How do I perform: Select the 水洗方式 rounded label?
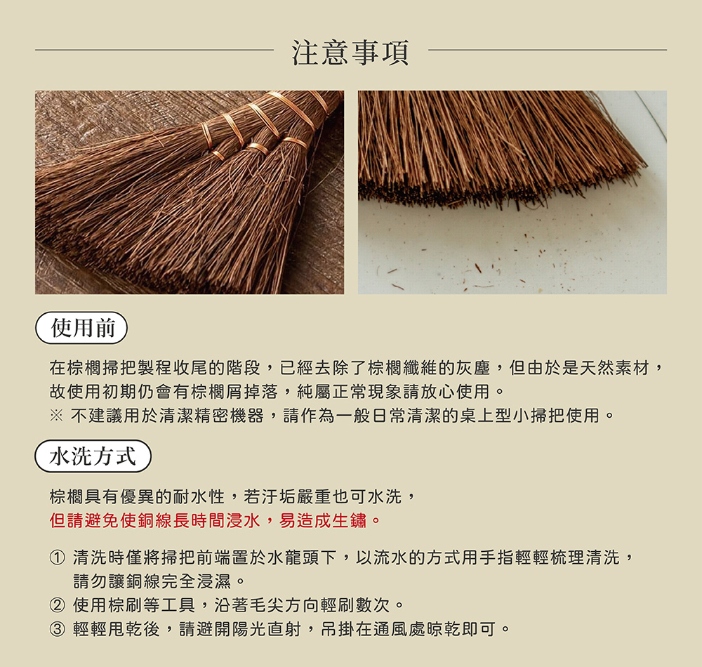pos(93,456)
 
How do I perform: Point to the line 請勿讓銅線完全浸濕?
pos(159,581)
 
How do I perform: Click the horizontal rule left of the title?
pos(154,51)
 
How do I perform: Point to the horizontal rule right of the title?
pos(547,51)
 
